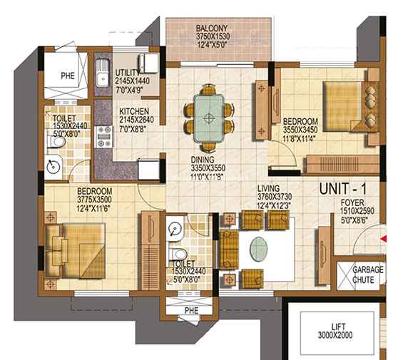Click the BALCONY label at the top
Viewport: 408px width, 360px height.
pyautogui.click(x=211, y=29)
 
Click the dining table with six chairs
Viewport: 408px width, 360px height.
pyautogui.click(x=208, y=112)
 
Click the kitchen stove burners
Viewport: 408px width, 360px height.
pyautogui.click(x=104, y=135)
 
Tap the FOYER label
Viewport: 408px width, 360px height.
pyautogui.click(x=352, y=202)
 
